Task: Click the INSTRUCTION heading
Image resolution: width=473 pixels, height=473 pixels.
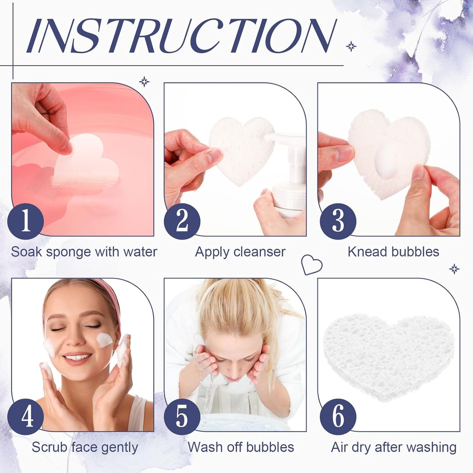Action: tap(182, 36)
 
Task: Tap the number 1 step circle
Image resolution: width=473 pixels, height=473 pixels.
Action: tap(26, 221)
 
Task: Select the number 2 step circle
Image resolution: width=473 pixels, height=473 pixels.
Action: tap(182, 221)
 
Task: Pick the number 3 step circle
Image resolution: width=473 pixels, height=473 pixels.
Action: tap(338, 221)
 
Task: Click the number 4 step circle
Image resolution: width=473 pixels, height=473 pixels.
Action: tap(26, 416)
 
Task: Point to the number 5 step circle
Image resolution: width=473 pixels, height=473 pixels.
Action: tap(182, 416)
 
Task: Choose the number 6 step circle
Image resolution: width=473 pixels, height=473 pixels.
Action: tap(338, 416)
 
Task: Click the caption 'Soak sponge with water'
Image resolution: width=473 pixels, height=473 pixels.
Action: tap(84, 252)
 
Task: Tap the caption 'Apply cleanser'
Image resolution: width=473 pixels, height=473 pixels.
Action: tap(240, 252)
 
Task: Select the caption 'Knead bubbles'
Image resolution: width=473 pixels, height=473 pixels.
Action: tap(393, 252)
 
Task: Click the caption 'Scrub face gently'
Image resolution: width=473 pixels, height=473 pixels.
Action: tap(85, 447)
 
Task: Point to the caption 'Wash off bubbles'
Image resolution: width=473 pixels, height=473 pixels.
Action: tap(241, 447)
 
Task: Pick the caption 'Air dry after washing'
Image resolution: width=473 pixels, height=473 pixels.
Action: tap(394, 447)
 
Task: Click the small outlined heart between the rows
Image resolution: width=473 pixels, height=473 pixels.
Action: tap(311, 264)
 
